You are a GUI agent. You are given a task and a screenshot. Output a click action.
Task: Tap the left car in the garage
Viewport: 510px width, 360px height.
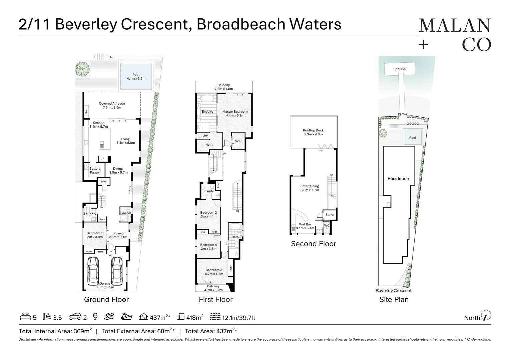93,270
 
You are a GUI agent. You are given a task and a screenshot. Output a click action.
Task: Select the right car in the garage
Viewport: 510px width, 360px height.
116,270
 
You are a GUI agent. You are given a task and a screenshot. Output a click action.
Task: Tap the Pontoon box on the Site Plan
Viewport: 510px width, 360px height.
400,69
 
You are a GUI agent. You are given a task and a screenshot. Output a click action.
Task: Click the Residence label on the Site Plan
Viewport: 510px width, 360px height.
398,179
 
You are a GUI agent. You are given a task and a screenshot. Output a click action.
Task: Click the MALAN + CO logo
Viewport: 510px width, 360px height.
455,35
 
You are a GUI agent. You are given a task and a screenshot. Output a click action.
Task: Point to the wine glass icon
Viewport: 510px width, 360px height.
95,316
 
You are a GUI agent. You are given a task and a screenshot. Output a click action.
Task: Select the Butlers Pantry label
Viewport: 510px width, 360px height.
95,170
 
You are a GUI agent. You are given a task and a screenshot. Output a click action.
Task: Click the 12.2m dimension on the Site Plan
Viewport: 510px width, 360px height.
402,114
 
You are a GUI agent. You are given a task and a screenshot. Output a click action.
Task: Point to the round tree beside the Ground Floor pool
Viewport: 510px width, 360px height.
82,69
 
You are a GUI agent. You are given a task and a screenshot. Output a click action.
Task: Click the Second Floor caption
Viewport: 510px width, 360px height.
313,244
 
